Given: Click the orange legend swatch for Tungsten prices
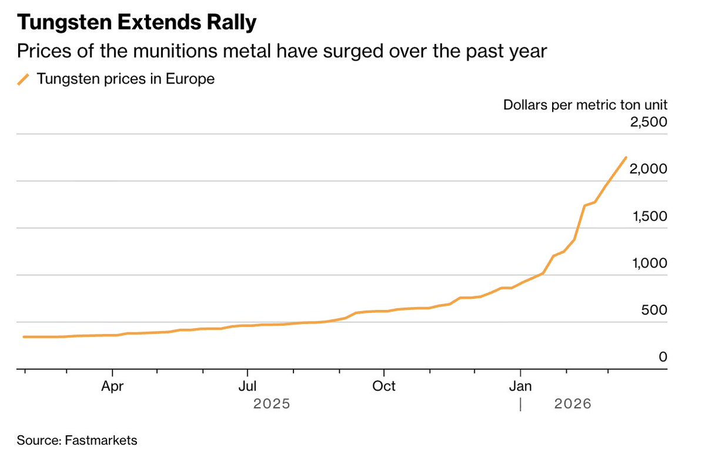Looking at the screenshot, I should pyautogui.click(x=24, y=79).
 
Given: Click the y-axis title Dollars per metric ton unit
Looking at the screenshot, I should pyautogui.click(x=585, y=105).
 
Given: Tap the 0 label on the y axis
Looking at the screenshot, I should pyautogui.click(x=663, y=357).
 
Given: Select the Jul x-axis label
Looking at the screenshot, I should pyautogui.click(x=248, y=386).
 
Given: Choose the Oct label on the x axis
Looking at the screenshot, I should pyautogui.click(x=384, y=386).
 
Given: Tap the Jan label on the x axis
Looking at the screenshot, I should pyautogui.click(x=520, y=386).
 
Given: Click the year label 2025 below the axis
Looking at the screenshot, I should pyautogui.click(x=272, y=405).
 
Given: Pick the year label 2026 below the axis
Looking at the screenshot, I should pyautogui.click(x=572, y=405).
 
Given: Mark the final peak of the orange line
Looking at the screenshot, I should pyautogui.click(x=626, y=158).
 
